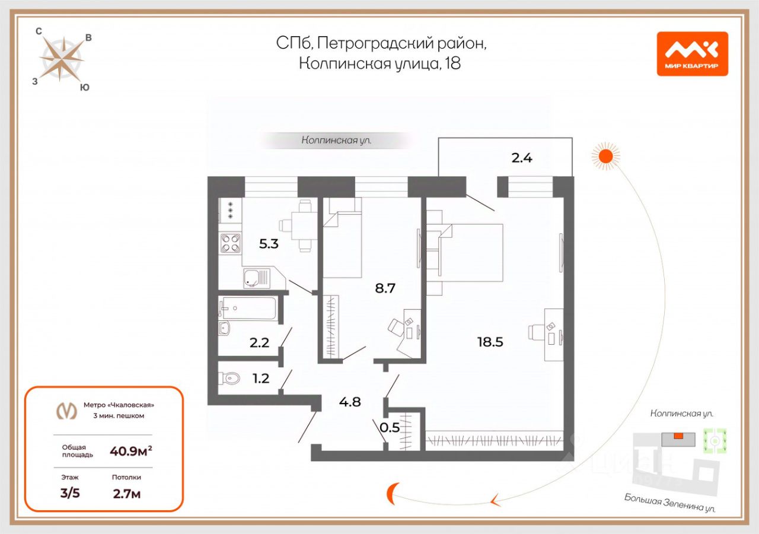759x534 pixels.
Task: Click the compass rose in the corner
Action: tap(61, 59)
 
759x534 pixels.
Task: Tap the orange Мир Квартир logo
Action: tap(692, 53)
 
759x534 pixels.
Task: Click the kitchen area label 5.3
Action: tap(269, 244)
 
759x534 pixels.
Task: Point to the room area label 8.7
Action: tap(384, 288)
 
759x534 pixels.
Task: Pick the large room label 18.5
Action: tap(490, 342)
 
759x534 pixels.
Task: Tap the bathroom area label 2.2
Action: tap(259, 342)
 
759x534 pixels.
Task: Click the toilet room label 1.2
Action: tap(261, 378)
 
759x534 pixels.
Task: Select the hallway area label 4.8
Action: tap(350, 402)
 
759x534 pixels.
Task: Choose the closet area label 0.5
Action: tap(389, 427)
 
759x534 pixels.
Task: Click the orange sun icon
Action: tap(605, 156)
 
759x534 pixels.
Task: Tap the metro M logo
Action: tap(66, 410)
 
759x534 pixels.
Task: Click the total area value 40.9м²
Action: tap(130, 452)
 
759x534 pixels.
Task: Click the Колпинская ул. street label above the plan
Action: tap(336, 141)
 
